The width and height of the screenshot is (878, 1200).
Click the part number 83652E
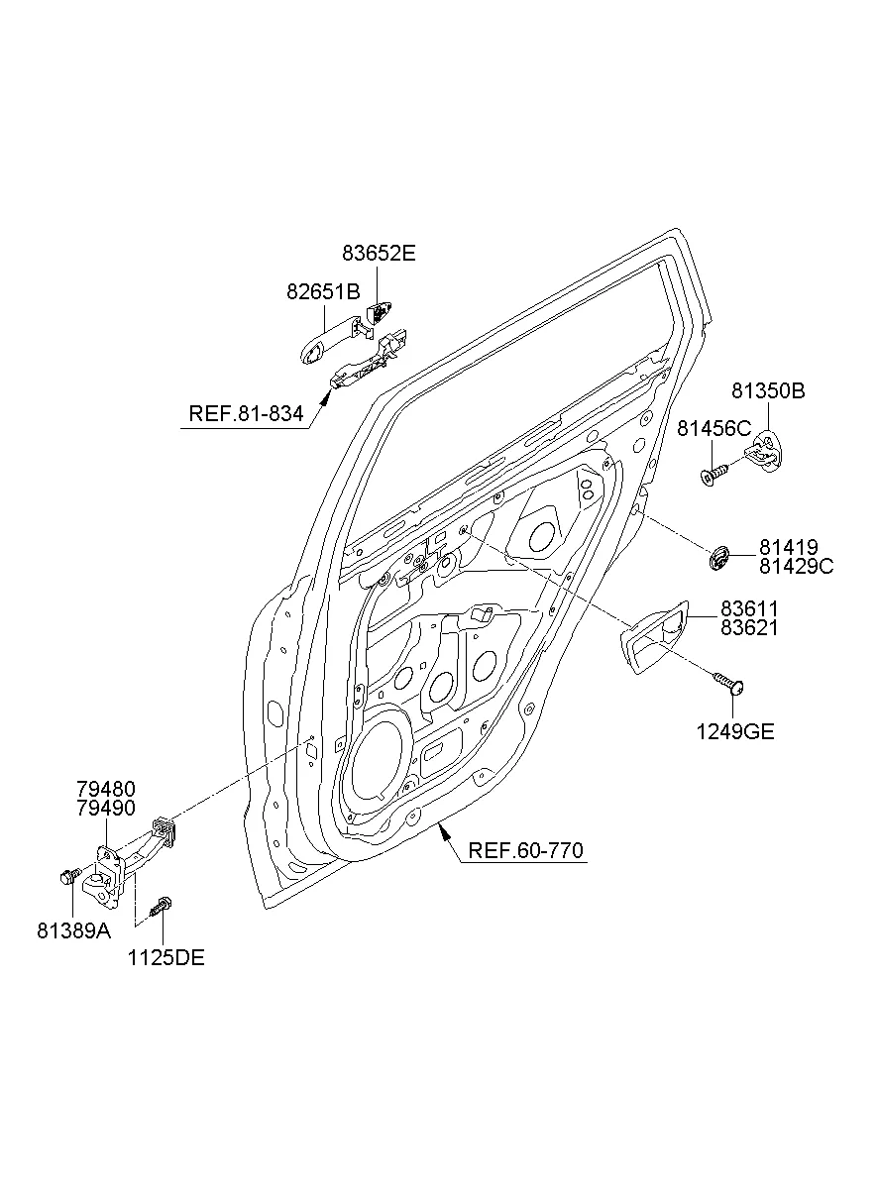pos(379,254)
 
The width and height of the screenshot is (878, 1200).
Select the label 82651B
pos(323,292)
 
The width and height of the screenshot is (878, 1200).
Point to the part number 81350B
pos(769,391)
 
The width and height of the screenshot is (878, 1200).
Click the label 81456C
pos(714,429)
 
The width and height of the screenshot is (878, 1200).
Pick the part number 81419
pos(789,547)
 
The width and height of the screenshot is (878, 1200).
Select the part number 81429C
pos(797,566)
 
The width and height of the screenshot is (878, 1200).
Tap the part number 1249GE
pos(733,732)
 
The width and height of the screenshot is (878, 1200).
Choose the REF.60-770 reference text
pos(525,850)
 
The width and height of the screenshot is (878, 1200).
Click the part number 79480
pos(106,789)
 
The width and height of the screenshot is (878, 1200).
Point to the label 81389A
pos(74,931)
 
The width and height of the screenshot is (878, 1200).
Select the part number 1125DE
pos(165,958)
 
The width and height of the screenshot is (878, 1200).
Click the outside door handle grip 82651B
pos(327,340)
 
